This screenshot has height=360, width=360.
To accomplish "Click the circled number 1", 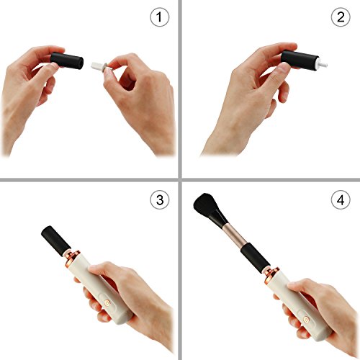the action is (x=160, y=17).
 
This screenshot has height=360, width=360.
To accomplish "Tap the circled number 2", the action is (x=341, y=17).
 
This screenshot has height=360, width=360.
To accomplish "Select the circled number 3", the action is (x=160, y=199).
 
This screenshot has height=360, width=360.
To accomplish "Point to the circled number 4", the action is (x=341, y=199).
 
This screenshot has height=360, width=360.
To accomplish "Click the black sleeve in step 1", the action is (x=67, y=61).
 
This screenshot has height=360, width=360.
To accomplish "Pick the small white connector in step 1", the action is (x=99, y=66).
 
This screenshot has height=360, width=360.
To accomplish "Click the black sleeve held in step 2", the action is (x=300, y=60).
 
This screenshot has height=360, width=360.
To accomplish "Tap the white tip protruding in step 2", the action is (x=323, y=64).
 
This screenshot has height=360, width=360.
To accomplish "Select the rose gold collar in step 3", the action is (x=73, y=258).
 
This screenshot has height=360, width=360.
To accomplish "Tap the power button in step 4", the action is (x=306, y=319).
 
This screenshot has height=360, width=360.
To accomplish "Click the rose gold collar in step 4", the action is (x=272, y=275).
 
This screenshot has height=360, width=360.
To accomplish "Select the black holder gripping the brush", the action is (x=252, y=258).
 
